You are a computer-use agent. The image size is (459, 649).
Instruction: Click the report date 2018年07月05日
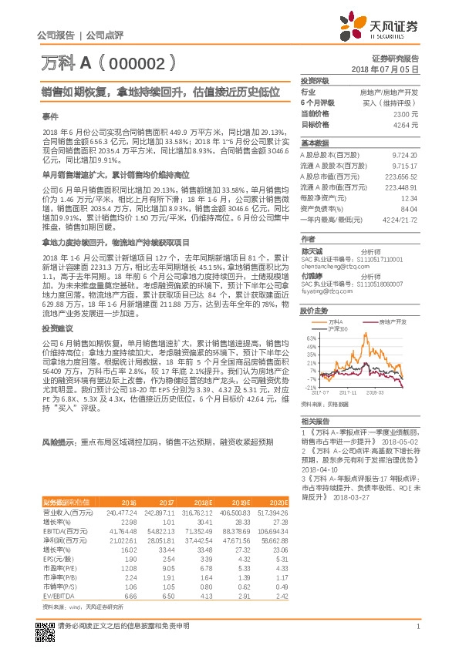point(386,69)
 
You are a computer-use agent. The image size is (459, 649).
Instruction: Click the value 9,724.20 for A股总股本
point(406,154)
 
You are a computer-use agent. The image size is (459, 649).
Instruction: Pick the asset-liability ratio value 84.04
point(409,208)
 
